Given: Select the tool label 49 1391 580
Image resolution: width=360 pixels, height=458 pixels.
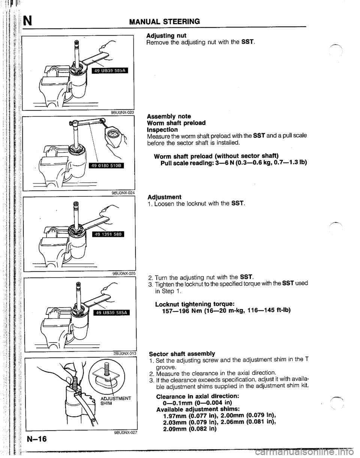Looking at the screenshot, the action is click(108, 234).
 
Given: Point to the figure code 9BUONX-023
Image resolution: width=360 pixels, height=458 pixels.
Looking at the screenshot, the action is click(122, 112).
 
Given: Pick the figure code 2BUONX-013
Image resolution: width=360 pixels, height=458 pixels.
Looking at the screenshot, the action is click(124, 353).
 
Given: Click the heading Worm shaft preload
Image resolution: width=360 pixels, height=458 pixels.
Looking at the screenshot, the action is click(176, 123).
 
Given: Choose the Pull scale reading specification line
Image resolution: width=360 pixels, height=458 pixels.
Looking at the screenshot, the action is click(234, 163).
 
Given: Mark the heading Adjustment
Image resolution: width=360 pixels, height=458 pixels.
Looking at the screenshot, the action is click(165, 197).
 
